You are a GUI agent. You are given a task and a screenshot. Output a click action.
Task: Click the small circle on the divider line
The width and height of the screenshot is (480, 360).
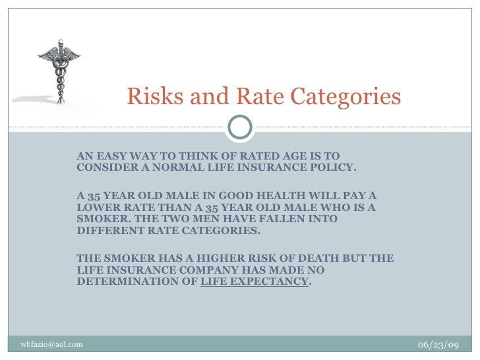click(x=239, y=126)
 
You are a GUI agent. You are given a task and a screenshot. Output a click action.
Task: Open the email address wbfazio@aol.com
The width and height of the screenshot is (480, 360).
click(x=52, y=344)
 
